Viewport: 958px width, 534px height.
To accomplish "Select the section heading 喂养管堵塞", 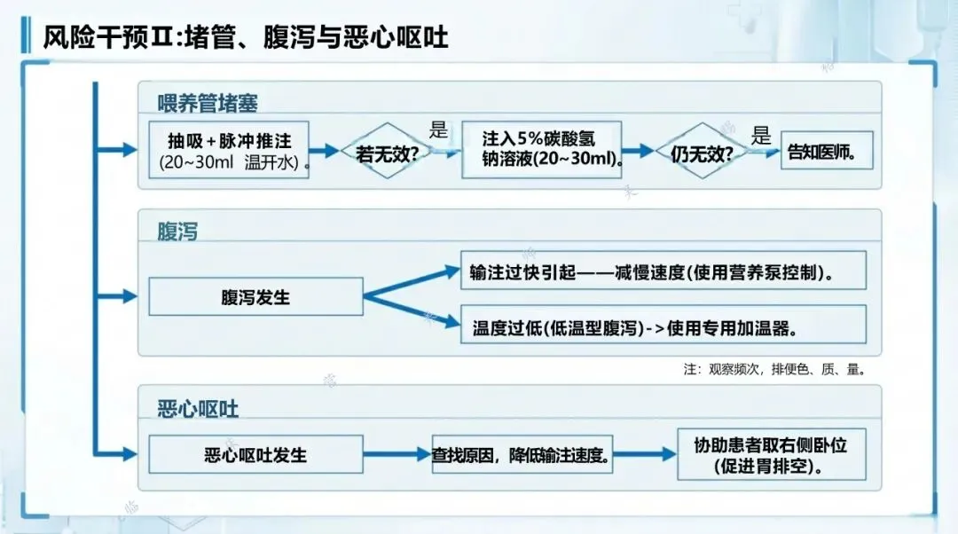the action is tap(208, 103).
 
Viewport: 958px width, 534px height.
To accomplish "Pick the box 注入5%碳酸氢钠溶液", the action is tap(541, 150).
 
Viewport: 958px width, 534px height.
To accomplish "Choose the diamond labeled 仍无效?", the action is tap(702, 152).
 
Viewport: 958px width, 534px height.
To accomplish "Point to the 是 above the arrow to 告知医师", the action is tap(761, 136).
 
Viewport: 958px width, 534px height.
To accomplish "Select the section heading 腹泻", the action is tap(177, 232).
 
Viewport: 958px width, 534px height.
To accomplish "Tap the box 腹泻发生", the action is tap(255, 297).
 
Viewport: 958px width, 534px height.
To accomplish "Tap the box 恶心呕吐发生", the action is tap(255, 454).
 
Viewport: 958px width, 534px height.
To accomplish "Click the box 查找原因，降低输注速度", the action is tap(522, 455).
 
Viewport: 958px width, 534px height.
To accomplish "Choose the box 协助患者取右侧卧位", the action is tap(770, 454).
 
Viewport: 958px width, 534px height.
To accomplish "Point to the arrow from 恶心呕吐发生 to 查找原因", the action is tap(397, 454).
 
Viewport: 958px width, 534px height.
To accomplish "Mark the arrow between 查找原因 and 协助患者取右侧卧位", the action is tap(644, 455).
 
